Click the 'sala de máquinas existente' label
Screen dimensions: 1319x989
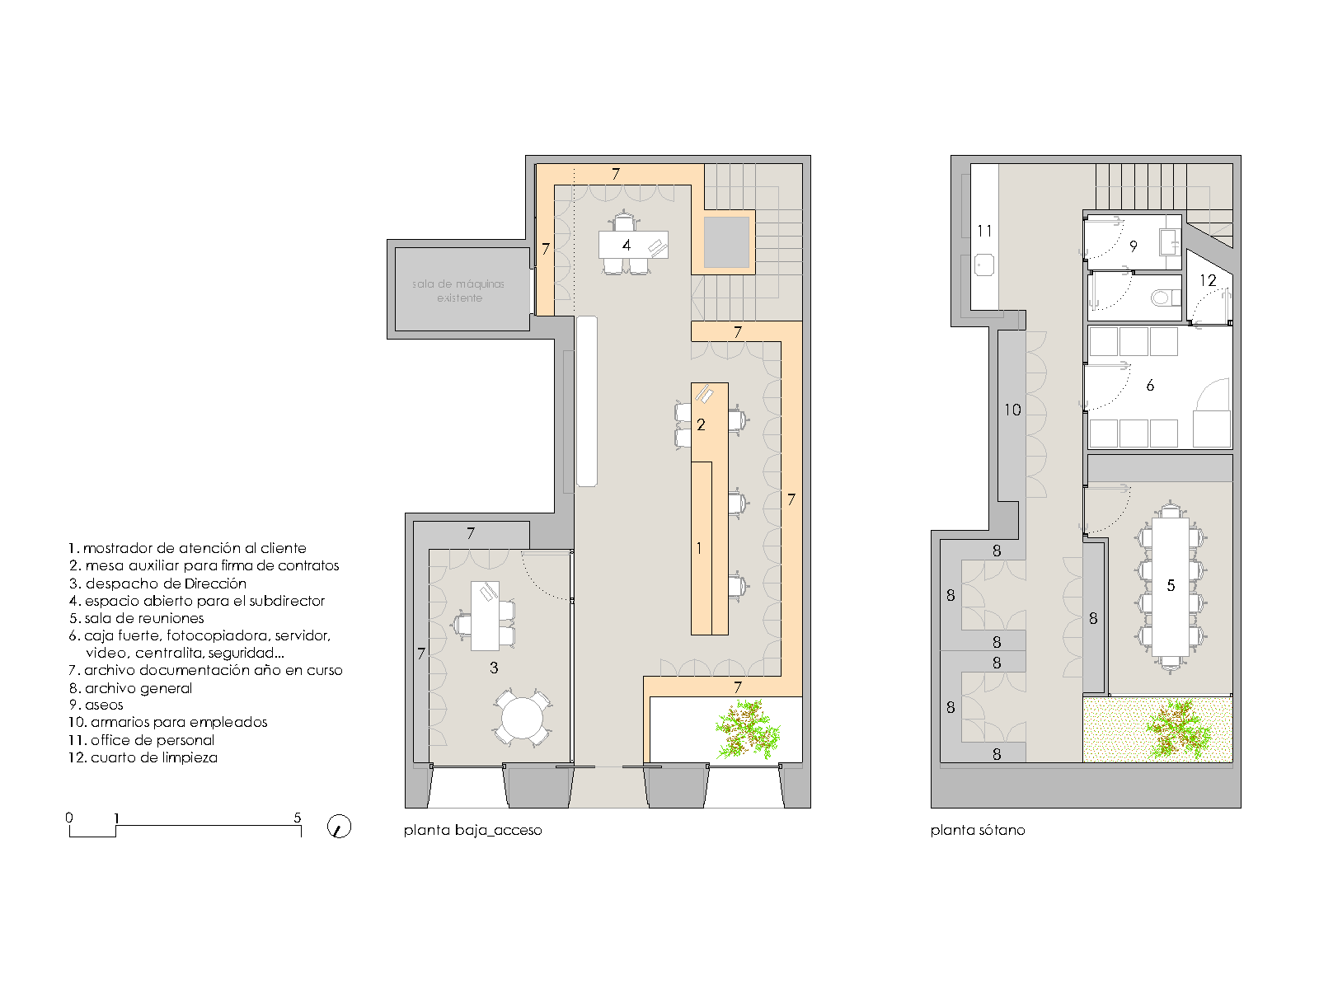click(x=458, y=291)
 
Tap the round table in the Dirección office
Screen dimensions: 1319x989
click(x=522, y=718)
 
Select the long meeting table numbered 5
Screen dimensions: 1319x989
click(x=1170, y=586)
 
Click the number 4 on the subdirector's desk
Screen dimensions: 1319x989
click(x=627, y=245)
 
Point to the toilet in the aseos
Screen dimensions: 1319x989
click(x=1165, y=298)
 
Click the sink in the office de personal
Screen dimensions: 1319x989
click(x=983, y=265)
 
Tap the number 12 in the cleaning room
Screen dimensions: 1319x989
click(x=1207, y=280)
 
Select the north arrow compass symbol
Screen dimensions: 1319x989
click(x=339, y=827)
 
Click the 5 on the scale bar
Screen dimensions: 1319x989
click(x=298, y=818)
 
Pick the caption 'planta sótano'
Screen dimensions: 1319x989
click(x=978, y=830)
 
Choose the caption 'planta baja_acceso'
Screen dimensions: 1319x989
click(x=473, y=830)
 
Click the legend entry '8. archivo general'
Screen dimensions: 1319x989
click(x=131, y=688)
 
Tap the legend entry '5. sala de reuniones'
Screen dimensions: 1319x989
click(x=136, y=618)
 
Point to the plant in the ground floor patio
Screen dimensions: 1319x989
click(x=748, y=727)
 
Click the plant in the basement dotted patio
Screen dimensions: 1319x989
click(x=1176, y=729)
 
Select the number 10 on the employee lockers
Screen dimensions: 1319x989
click(x=1012, y=410)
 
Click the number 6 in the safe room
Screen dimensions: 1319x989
click(x=1150, y=386)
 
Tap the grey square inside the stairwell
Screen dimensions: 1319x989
click(x=726, y=242)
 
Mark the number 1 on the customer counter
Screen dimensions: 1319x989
click(x=699, y=548)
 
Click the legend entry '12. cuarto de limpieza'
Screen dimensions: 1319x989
click(x=143, y=757)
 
